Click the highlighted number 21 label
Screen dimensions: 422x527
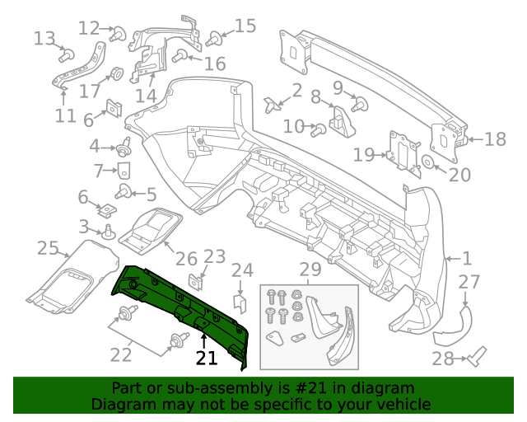coord(206,358)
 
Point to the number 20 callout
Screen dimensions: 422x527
coord(459,175)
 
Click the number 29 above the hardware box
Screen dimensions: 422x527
coord(310,270)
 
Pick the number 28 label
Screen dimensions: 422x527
coord(443,359)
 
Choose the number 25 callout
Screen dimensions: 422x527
coord(48,247)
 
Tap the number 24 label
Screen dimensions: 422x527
coord(242,270)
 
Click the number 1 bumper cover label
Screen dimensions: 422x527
coord(466,257)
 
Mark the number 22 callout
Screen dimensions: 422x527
coord(121,354)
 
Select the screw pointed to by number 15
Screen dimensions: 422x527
coord(217,38)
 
